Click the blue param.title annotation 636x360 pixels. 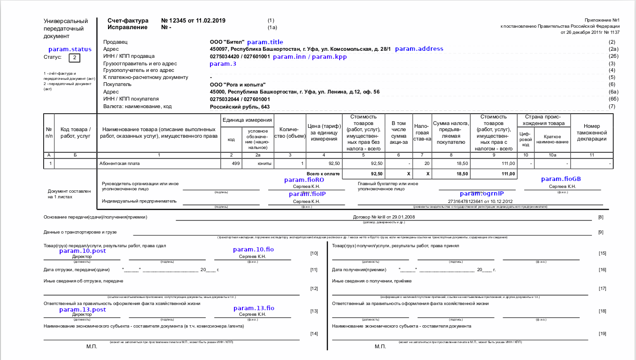[265, 42]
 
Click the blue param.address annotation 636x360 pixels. [419, 49]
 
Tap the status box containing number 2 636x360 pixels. [75, 58]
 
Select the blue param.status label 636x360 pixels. [70, 49]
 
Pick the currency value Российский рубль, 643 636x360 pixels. [240, 107]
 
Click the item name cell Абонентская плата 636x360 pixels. [119, 164]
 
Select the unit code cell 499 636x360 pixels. [236, 164]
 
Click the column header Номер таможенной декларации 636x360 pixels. [592, 133]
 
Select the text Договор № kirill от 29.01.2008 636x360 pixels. [384, 217]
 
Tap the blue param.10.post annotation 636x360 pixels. [83, 251]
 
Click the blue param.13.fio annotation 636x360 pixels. [254, 308]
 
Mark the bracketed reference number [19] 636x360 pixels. [603, 334]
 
